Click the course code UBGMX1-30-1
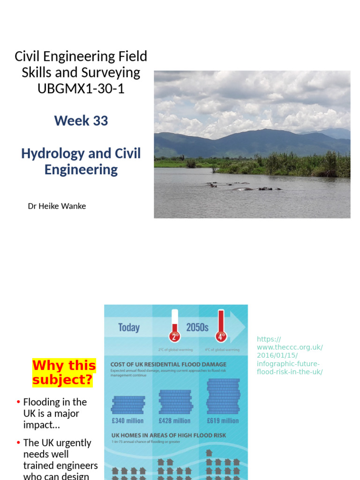[x=81, y=89]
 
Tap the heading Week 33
[x=81, y=120]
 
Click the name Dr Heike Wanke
[x=57, y=206]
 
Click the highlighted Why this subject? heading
[x=64, y=372]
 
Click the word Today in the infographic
[x=129, y=327]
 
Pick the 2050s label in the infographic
[x=197, y=327]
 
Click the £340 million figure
[x=127, y=420]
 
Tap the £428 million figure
[x=174, y=420]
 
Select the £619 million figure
[x=223, y=420]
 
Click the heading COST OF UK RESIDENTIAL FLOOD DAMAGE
[x=168, y=364]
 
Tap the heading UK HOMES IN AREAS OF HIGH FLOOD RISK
[x=168, y=435]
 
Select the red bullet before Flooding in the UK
[x=18, y=402]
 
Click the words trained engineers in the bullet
[x=60, y=465]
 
